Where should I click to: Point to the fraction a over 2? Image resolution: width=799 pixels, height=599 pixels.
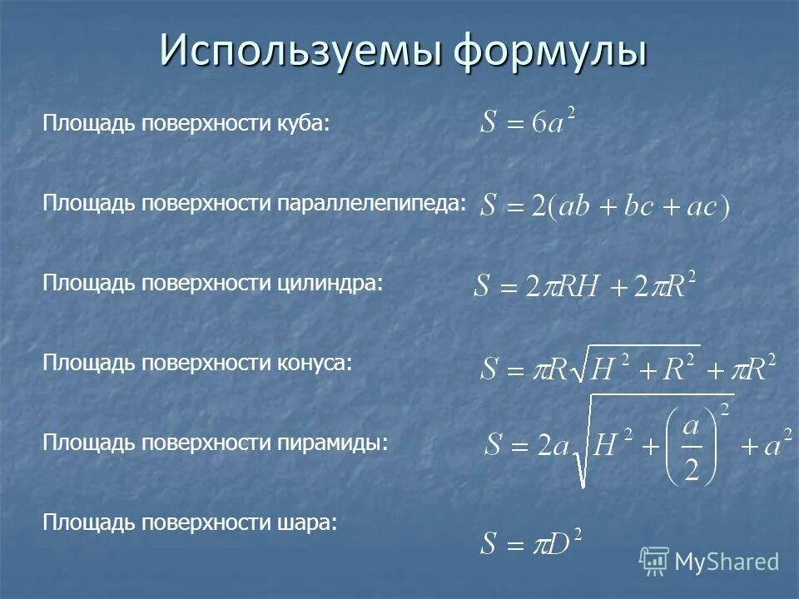tap(691, 450)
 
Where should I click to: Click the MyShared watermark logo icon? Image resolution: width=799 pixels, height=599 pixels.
tap(654, 561)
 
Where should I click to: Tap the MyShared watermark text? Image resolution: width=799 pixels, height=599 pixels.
tap(727, 562)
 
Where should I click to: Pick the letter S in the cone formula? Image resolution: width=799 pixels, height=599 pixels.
tap(490, 368)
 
